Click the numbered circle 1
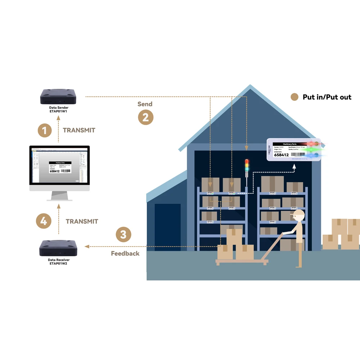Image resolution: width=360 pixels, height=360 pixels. (44, 130)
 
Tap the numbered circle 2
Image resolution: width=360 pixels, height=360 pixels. (145, 117)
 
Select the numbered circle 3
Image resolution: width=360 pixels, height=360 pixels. (123, 235)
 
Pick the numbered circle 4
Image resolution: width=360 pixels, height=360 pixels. (44, 221)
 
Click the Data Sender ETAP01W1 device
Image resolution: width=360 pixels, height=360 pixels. (59, 96)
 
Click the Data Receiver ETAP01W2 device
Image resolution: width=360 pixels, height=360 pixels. (59, 248)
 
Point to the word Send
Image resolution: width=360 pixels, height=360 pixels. (145, 104)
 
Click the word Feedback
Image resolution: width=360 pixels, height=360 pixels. (125, 253)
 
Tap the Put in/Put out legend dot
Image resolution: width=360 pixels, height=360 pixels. (294, 97)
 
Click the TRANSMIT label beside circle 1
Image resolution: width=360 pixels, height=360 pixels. (79, 130)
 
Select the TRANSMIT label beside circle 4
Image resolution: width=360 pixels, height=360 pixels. (82, 221)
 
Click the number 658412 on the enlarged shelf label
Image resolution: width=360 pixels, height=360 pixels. (282, 155)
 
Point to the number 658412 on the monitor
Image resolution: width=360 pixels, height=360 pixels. (54, 171)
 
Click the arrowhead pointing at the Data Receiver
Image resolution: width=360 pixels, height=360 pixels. (86, 246)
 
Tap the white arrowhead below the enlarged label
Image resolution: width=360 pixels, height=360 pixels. (294, 166)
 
